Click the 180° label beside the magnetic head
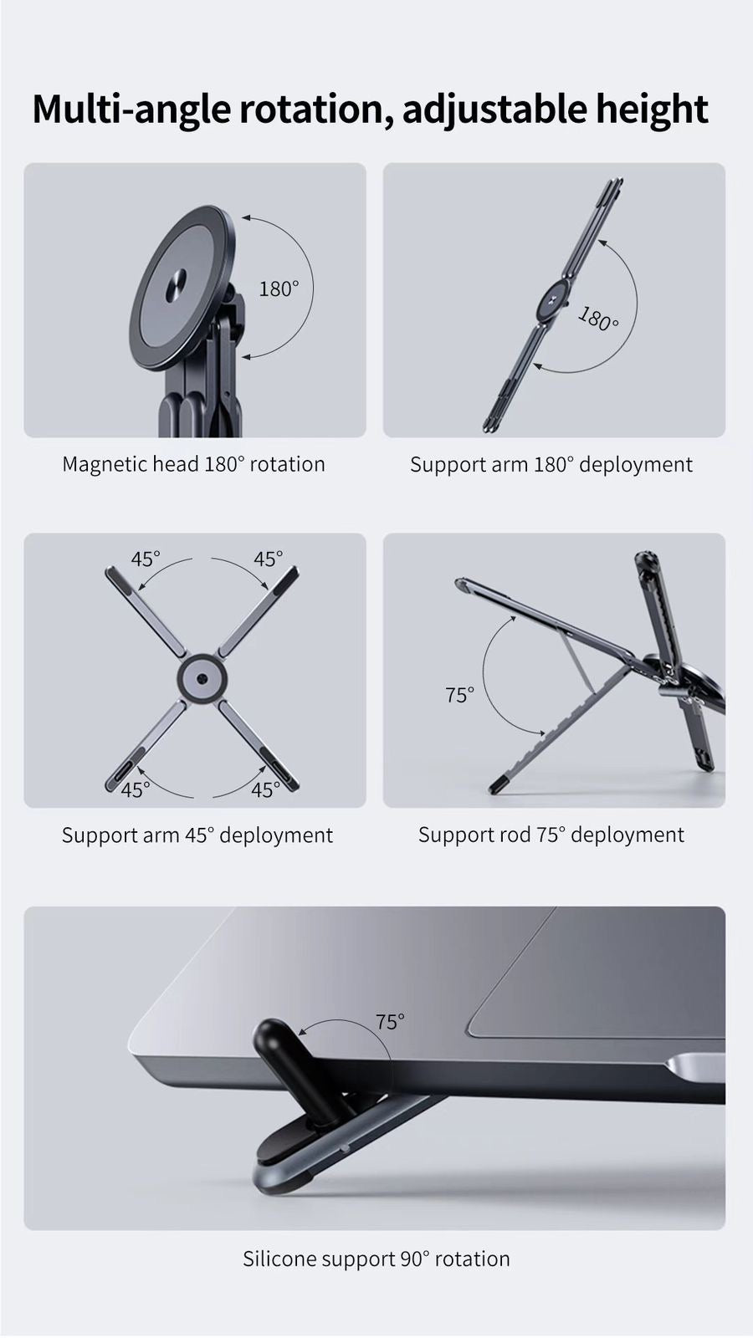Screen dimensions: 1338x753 coord(279,289)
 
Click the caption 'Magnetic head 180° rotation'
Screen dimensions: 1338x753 coord(193,464)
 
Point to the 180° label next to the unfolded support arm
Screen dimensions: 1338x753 coord(598,319)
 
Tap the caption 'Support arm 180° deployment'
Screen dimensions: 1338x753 coord(551,465)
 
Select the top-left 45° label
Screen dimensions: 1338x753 coord(145,559)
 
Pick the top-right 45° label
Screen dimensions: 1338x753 coord(269,559)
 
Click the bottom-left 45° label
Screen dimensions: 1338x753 coord(136,789)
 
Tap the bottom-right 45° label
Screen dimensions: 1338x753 coord(265,789)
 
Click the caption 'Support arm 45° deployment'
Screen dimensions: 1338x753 coord(197,835)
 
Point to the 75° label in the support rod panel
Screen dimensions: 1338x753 coord(459,695)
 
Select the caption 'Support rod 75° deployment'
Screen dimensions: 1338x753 coord(551,835)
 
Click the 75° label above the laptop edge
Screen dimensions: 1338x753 coord(389,1022)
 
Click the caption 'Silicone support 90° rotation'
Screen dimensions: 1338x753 coord(376,1259)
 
